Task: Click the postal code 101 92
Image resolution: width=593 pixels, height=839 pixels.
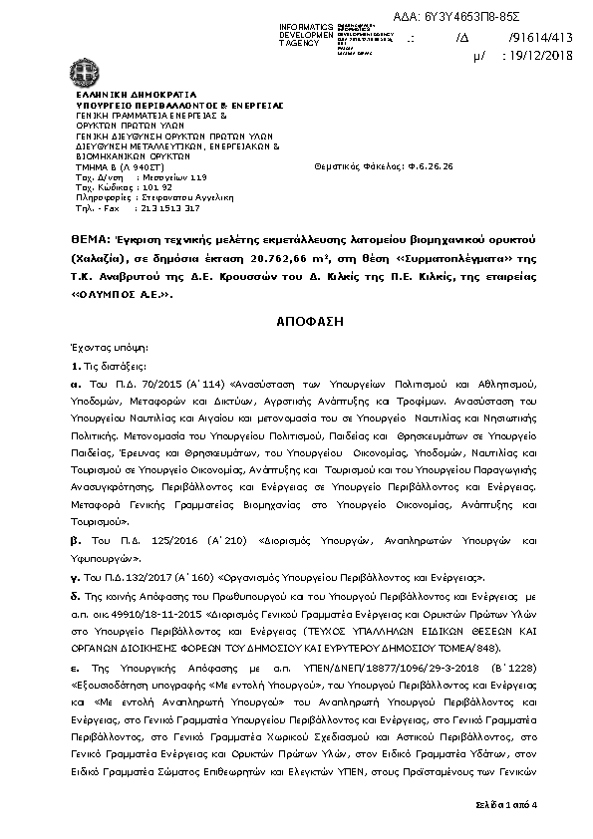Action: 131,186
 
